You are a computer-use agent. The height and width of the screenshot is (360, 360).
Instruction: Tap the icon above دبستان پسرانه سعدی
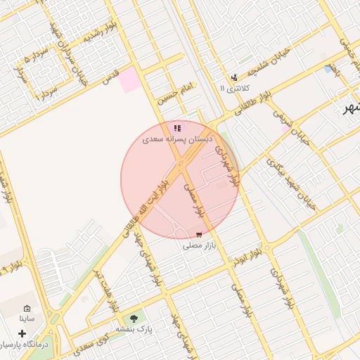coord(177,128)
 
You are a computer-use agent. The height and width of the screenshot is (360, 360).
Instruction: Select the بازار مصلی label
coord(198,246)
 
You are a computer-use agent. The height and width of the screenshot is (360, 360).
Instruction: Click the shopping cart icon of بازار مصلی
coord(199,234)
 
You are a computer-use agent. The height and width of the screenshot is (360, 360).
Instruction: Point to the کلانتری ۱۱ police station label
coord(234,89)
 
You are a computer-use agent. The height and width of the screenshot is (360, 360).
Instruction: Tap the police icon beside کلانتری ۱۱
coord(234,77)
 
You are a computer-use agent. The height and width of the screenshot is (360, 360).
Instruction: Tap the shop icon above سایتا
coord(27,308)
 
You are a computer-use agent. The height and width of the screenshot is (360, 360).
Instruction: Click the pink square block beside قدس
coord(129,80)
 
